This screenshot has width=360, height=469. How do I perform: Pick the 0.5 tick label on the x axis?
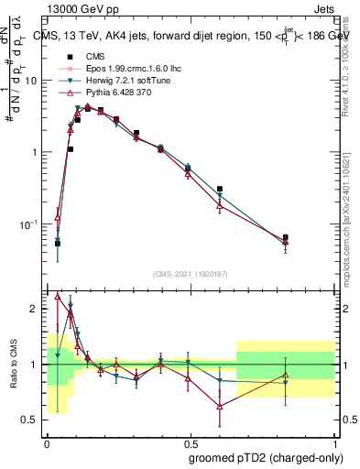190,442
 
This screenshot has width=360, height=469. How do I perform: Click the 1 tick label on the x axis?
333,442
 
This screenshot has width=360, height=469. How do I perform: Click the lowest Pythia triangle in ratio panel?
220,407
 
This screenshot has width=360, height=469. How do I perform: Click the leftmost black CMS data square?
58,244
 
